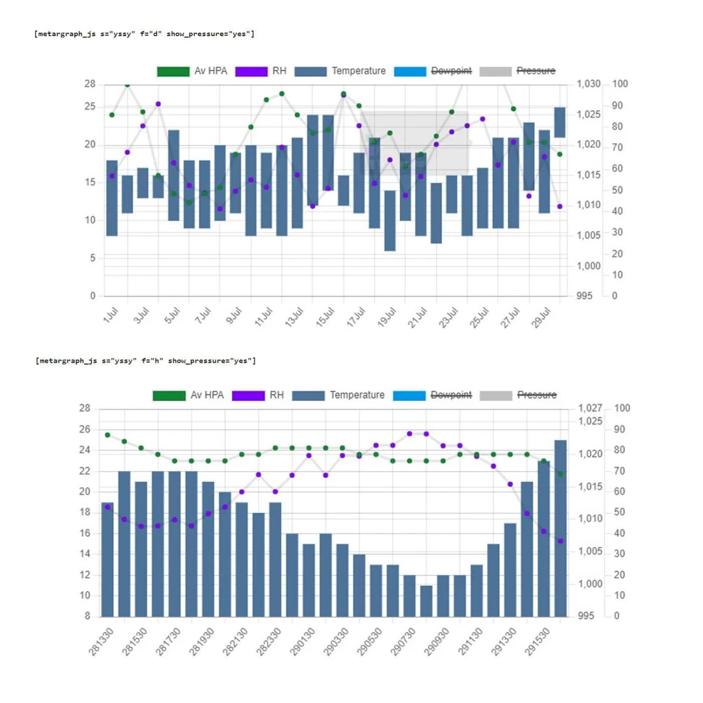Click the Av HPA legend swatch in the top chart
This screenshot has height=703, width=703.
tap(173, 71)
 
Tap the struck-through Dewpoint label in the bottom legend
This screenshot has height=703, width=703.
tap(451, 395)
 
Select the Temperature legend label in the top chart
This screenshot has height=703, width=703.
tap(359, 71)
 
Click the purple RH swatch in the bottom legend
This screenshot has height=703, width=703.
tap(248, 396)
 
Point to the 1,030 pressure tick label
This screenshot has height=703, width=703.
tap(588, 84)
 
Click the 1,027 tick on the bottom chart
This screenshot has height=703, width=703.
tap(590, 408)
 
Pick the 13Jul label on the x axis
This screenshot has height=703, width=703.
tap(294, 317)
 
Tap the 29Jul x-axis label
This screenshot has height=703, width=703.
tap(541, 317)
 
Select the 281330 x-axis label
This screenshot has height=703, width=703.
tap(101, 641)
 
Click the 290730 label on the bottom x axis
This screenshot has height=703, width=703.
tap(403, 641)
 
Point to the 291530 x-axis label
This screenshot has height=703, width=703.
tap(537, 641)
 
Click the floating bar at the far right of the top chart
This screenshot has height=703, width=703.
tap(560, 122)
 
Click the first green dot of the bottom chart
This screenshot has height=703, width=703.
tap(108, 435)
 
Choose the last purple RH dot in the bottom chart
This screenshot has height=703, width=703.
tap(561, 541)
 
